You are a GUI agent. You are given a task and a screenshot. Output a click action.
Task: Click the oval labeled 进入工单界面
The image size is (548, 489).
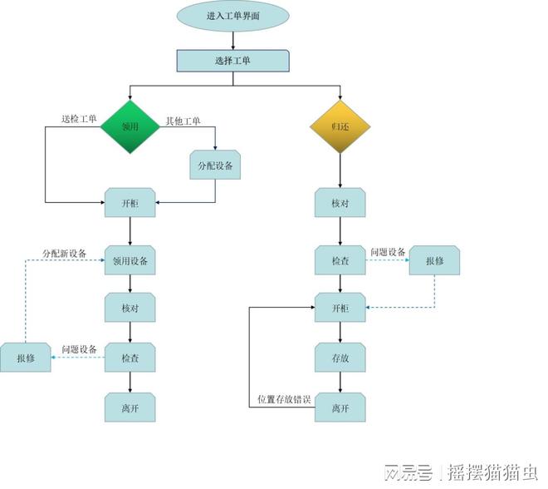point(233,16)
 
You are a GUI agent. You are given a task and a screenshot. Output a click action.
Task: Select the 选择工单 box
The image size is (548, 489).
point(233,61)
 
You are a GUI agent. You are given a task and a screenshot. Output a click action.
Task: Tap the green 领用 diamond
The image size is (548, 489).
point(130,128)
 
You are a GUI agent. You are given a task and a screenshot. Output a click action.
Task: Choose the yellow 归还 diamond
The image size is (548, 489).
point(340,128)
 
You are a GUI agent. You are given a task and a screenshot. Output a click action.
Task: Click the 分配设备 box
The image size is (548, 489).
point(216,165)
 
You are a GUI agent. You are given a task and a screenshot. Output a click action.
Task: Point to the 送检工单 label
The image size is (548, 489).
point(79,119)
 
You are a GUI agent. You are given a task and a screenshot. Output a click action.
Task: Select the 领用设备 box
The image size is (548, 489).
point(130,261)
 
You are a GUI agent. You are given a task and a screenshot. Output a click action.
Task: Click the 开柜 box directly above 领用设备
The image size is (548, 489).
point(130,203)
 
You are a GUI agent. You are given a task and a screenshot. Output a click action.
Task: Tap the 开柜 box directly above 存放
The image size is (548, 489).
point(340,309)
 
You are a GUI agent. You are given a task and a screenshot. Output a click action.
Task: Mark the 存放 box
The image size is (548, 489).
point(340,358)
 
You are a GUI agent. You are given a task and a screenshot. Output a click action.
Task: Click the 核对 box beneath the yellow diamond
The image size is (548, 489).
point(340,203)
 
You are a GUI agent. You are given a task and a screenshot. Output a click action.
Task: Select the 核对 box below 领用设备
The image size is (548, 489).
point(130,308)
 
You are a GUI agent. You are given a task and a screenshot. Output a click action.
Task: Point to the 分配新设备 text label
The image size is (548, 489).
point(65,252)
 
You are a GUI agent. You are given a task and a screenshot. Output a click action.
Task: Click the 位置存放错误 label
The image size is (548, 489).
point(285,400)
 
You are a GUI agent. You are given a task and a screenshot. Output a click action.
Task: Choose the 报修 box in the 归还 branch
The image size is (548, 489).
point(435,260)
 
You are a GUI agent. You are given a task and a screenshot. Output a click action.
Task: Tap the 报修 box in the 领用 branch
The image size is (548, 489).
point(26,358)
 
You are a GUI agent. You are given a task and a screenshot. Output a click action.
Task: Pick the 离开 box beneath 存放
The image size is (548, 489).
point(340,407)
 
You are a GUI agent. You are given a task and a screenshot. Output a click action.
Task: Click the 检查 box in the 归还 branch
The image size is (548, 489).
point(340,261)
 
